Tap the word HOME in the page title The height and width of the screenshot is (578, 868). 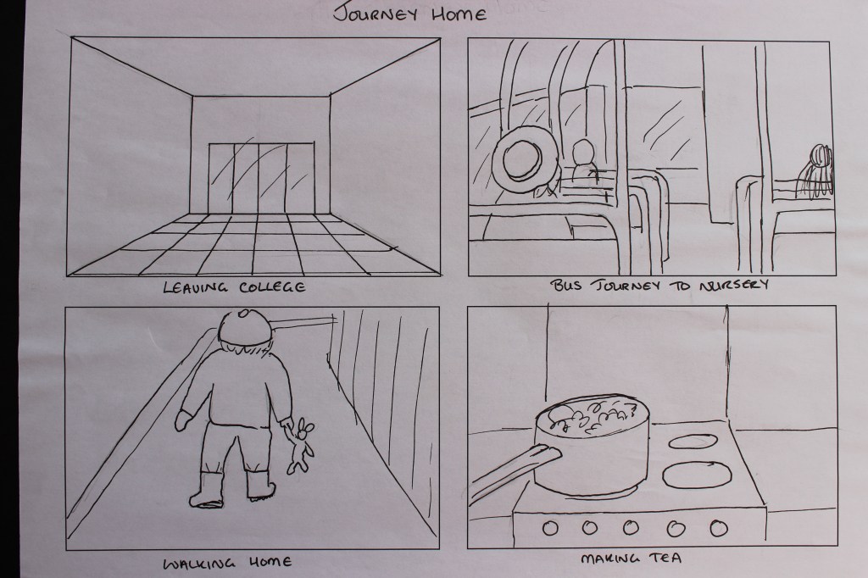pos(459,14)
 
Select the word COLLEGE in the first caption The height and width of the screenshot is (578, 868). pos(273,287)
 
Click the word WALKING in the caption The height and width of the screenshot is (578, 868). pos(199,564)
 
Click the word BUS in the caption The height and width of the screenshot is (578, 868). pos(565,286)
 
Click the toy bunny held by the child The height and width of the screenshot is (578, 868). pos(299,446)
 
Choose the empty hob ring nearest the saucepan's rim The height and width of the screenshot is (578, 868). pos(693,442)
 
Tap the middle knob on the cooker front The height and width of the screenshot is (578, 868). pos(631,527)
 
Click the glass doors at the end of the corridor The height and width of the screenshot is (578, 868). pos(260,177)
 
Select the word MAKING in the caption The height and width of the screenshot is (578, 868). pos(609,558)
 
